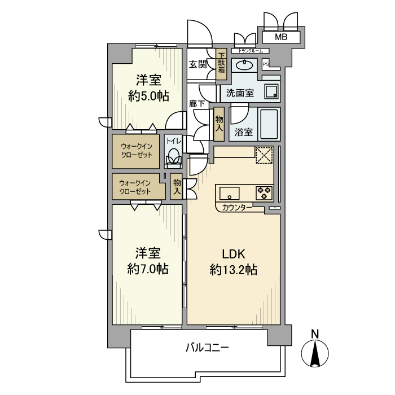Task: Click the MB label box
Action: (280, 37)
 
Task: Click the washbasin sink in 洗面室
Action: (244, 65)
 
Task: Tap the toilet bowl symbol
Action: (173, 156)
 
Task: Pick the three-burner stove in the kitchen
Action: (264, 192)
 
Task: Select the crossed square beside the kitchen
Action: (264, 155)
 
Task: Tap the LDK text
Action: (233, 254)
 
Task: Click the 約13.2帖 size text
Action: (233, 270)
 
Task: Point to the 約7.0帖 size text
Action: (148, 269)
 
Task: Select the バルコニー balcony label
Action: (207, 348)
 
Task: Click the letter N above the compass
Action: (316, 333)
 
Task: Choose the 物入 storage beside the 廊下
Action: (219, 125)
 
